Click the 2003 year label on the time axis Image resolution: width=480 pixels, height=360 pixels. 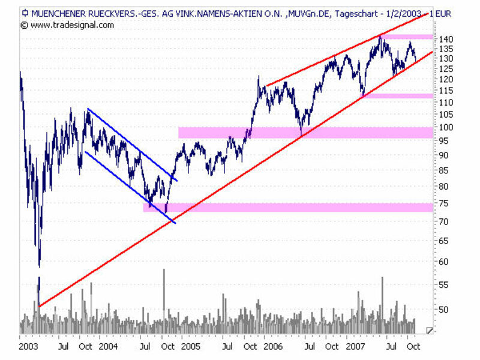coord(28,346)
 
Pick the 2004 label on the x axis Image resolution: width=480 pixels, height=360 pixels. coord(107,346)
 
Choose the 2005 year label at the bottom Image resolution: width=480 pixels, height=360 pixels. coord(190,346)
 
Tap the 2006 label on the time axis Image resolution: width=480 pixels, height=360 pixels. coord(272,346)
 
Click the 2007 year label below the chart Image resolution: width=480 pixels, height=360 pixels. coord(355,346)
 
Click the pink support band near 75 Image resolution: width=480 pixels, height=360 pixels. coord(288,207)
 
